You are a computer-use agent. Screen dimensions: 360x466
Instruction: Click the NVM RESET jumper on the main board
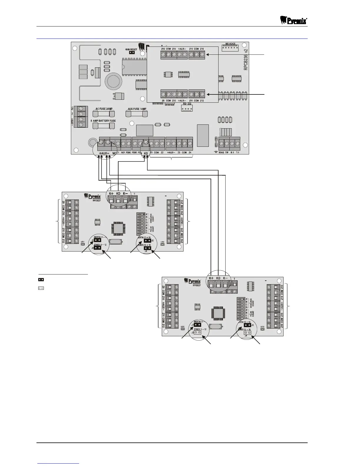(x=131, y=53)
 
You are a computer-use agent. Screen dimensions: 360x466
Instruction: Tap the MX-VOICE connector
(x=230, y=48)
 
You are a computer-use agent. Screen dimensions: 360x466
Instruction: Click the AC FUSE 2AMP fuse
(x=104, y=114)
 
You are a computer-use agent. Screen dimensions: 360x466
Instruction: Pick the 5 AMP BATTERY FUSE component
(x=104, y=126)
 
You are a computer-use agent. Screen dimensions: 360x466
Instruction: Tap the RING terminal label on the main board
(x=221, y=153)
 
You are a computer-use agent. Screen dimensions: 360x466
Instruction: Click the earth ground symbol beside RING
(x=216, y=152)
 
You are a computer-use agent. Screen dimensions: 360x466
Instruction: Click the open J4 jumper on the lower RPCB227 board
(x=249, y=333)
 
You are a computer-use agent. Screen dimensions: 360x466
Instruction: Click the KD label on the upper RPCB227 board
(x=118, y=194)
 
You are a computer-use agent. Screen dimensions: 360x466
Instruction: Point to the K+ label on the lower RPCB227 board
(x=211, y=278)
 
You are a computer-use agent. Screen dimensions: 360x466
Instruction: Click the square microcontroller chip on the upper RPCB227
(x=118, y=229)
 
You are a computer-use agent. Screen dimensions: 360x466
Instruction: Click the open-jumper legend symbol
(x=41, y=288)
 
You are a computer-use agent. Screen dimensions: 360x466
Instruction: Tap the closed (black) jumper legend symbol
(x=41, y=279)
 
